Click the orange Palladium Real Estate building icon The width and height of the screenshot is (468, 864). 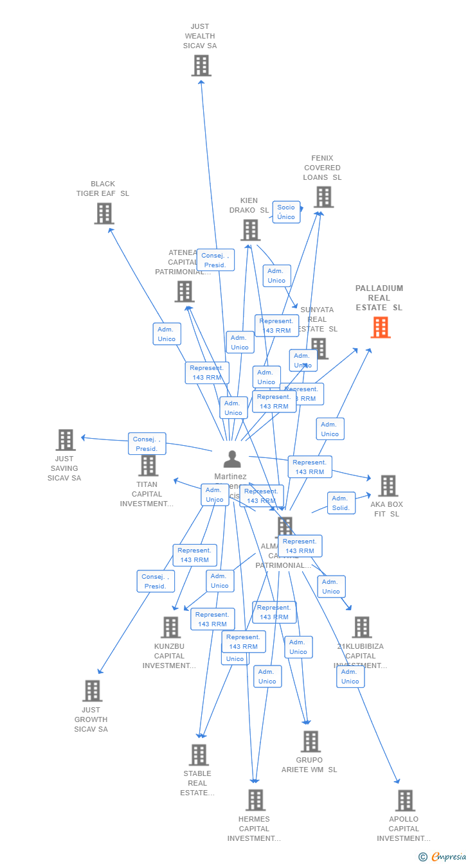[380, 328]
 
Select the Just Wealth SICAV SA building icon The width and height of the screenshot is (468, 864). [201, 66]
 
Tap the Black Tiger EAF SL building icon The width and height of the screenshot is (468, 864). [104, 213]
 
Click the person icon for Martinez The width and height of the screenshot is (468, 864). [232, 459]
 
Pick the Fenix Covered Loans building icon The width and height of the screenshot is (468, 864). [323, 197]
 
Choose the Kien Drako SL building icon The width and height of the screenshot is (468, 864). [250, 230]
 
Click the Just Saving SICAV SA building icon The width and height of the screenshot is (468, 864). [66, 440]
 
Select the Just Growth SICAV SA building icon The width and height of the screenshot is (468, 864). [92, 691]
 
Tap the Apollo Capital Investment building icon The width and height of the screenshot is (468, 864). [405, 800]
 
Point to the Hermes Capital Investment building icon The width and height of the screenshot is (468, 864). [255, 800]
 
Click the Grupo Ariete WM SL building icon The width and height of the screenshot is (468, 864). [310, 741]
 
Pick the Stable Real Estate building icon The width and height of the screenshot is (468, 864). [199, 755]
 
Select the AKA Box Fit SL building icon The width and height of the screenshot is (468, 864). [388, 486]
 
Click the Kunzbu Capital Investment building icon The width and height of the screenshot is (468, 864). [170, 627]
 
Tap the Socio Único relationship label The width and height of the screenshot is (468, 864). [286, 212]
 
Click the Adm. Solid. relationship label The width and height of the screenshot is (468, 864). [341, 503]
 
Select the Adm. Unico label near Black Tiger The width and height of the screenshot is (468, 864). [166, 334]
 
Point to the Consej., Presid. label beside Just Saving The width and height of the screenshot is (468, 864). [147, 444]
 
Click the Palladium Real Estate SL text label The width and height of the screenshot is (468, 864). [379, 298]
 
